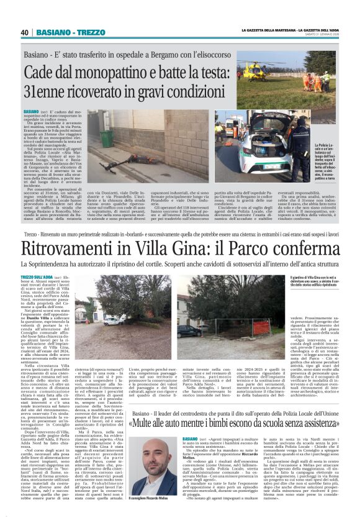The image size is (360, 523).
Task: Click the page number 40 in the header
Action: (24, 32)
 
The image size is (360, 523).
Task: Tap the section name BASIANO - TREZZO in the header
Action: (61, 32)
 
